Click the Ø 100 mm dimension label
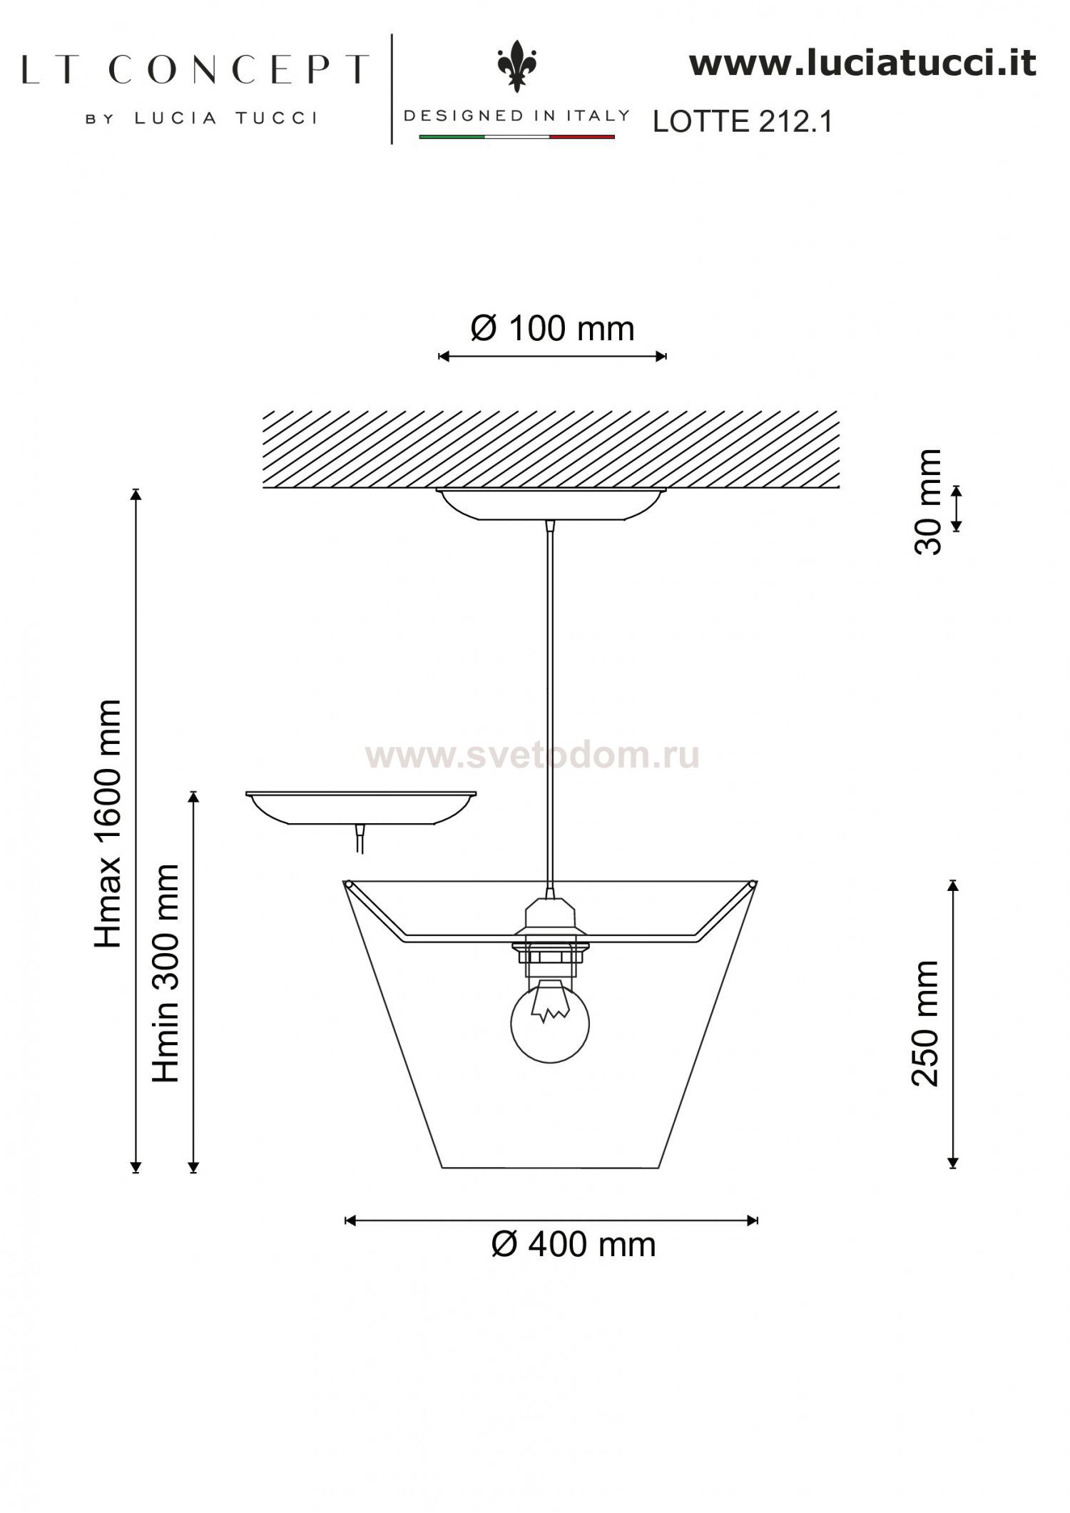click(x=552, y=329)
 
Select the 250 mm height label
click(x=926, y=1024)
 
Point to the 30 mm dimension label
click(x=928, y=502)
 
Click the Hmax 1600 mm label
click(x=108, y=825)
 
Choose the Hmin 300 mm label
click(x=165, y=973)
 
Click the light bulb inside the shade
click(x=550, y=1022)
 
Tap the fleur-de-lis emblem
click(x=517, y=66)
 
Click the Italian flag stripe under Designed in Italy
click(x=516, y=136)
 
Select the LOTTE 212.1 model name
click(x=743, y=122)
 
